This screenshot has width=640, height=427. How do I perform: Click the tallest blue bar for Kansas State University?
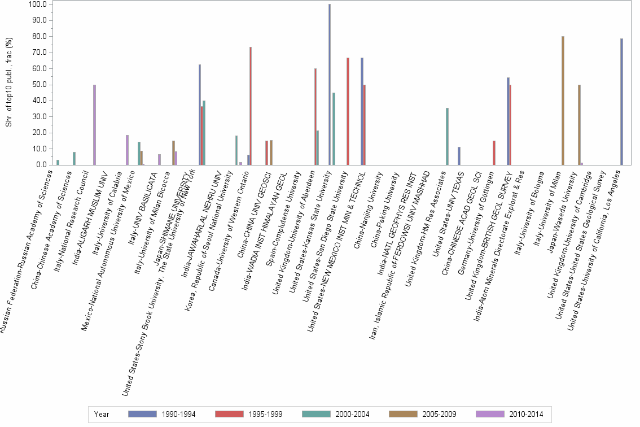point(330,85)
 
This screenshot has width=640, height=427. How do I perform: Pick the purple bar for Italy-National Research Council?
point(95,125)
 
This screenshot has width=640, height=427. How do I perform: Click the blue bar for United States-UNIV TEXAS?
point(459,156)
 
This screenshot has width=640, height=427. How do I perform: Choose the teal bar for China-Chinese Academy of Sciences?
point(74,159)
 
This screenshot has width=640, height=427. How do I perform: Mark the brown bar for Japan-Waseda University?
point(579,125)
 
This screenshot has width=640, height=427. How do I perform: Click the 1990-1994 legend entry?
point(163,415)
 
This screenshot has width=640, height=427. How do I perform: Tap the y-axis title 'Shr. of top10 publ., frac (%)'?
point(8,82)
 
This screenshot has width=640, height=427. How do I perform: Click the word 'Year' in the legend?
point(102,415)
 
